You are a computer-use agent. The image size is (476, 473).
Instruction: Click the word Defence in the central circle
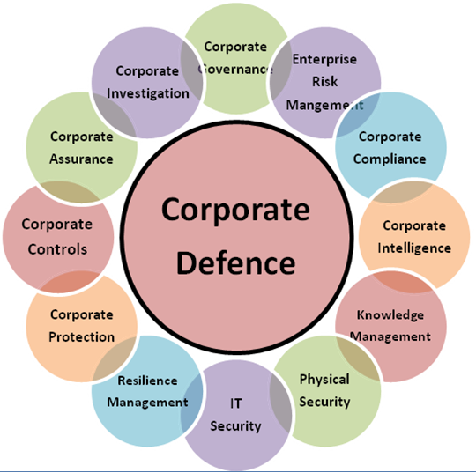(236, 262)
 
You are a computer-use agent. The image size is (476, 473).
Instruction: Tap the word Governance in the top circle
(235, 70)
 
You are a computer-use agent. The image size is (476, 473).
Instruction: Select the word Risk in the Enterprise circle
(324, 82)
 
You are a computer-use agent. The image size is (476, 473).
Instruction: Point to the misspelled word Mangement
(324, 105)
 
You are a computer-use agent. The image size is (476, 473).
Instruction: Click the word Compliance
(390, 159)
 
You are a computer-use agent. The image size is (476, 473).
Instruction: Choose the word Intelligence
(414, 248)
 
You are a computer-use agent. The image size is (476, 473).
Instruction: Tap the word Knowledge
(390, 314)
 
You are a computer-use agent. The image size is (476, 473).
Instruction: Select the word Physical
(324, 380)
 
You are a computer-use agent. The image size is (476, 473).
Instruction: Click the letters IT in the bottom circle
(236, 403)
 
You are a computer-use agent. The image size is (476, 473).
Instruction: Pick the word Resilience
(147, 381)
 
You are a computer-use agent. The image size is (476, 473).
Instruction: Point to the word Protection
(82, 336)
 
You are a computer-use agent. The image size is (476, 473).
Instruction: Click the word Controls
(57, 249)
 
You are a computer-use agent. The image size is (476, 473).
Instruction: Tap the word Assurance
(81, 159)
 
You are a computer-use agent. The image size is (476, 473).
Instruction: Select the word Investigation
(148, 93)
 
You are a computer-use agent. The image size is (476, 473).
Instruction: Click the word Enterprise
(324, 59)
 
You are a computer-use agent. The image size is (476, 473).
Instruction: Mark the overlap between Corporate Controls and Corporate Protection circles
(70, 282)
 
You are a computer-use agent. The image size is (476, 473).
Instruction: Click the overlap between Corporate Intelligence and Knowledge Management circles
(402, 282)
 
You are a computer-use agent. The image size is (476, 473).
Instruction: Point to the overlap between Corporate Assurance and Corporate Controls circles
(70, 192)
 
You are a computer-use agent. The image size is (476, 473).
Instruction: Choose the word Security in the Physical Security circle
(324, 402)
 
